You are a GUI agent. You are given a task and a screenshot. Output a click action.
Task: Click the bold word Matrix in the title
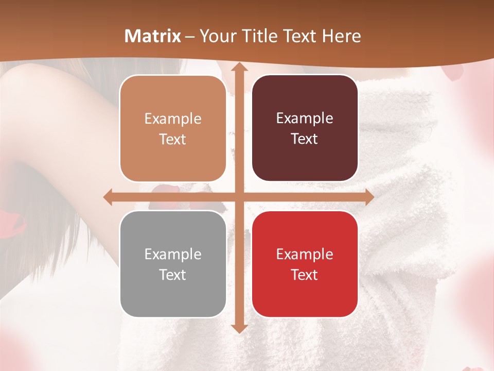[x=153, y=36]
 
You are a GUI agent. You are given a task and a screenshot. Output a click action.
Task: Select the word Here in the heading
[x=341, y=36]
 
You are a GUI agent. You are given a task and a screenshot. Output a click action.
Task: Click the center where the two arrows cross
[x=238, y=197]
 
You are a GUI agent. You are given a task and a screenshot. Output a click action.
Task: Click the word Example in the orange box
[x=173, y=119]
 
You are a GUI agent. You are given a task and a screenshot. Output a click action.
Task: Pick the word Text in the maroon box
[x=305, y=139]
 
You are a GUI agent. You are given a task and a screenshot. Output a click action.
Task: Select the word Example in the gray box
[x=173, y=255]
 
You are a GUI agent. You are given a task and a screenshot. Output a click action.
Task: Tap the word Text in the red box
[x=305, y=275]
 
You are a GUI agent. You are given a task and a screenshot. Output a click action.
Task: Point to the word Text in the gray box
[x=173, y=275]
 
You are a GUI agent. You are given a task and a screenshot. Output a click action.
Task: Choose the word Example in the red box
[x=305, y=255]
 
